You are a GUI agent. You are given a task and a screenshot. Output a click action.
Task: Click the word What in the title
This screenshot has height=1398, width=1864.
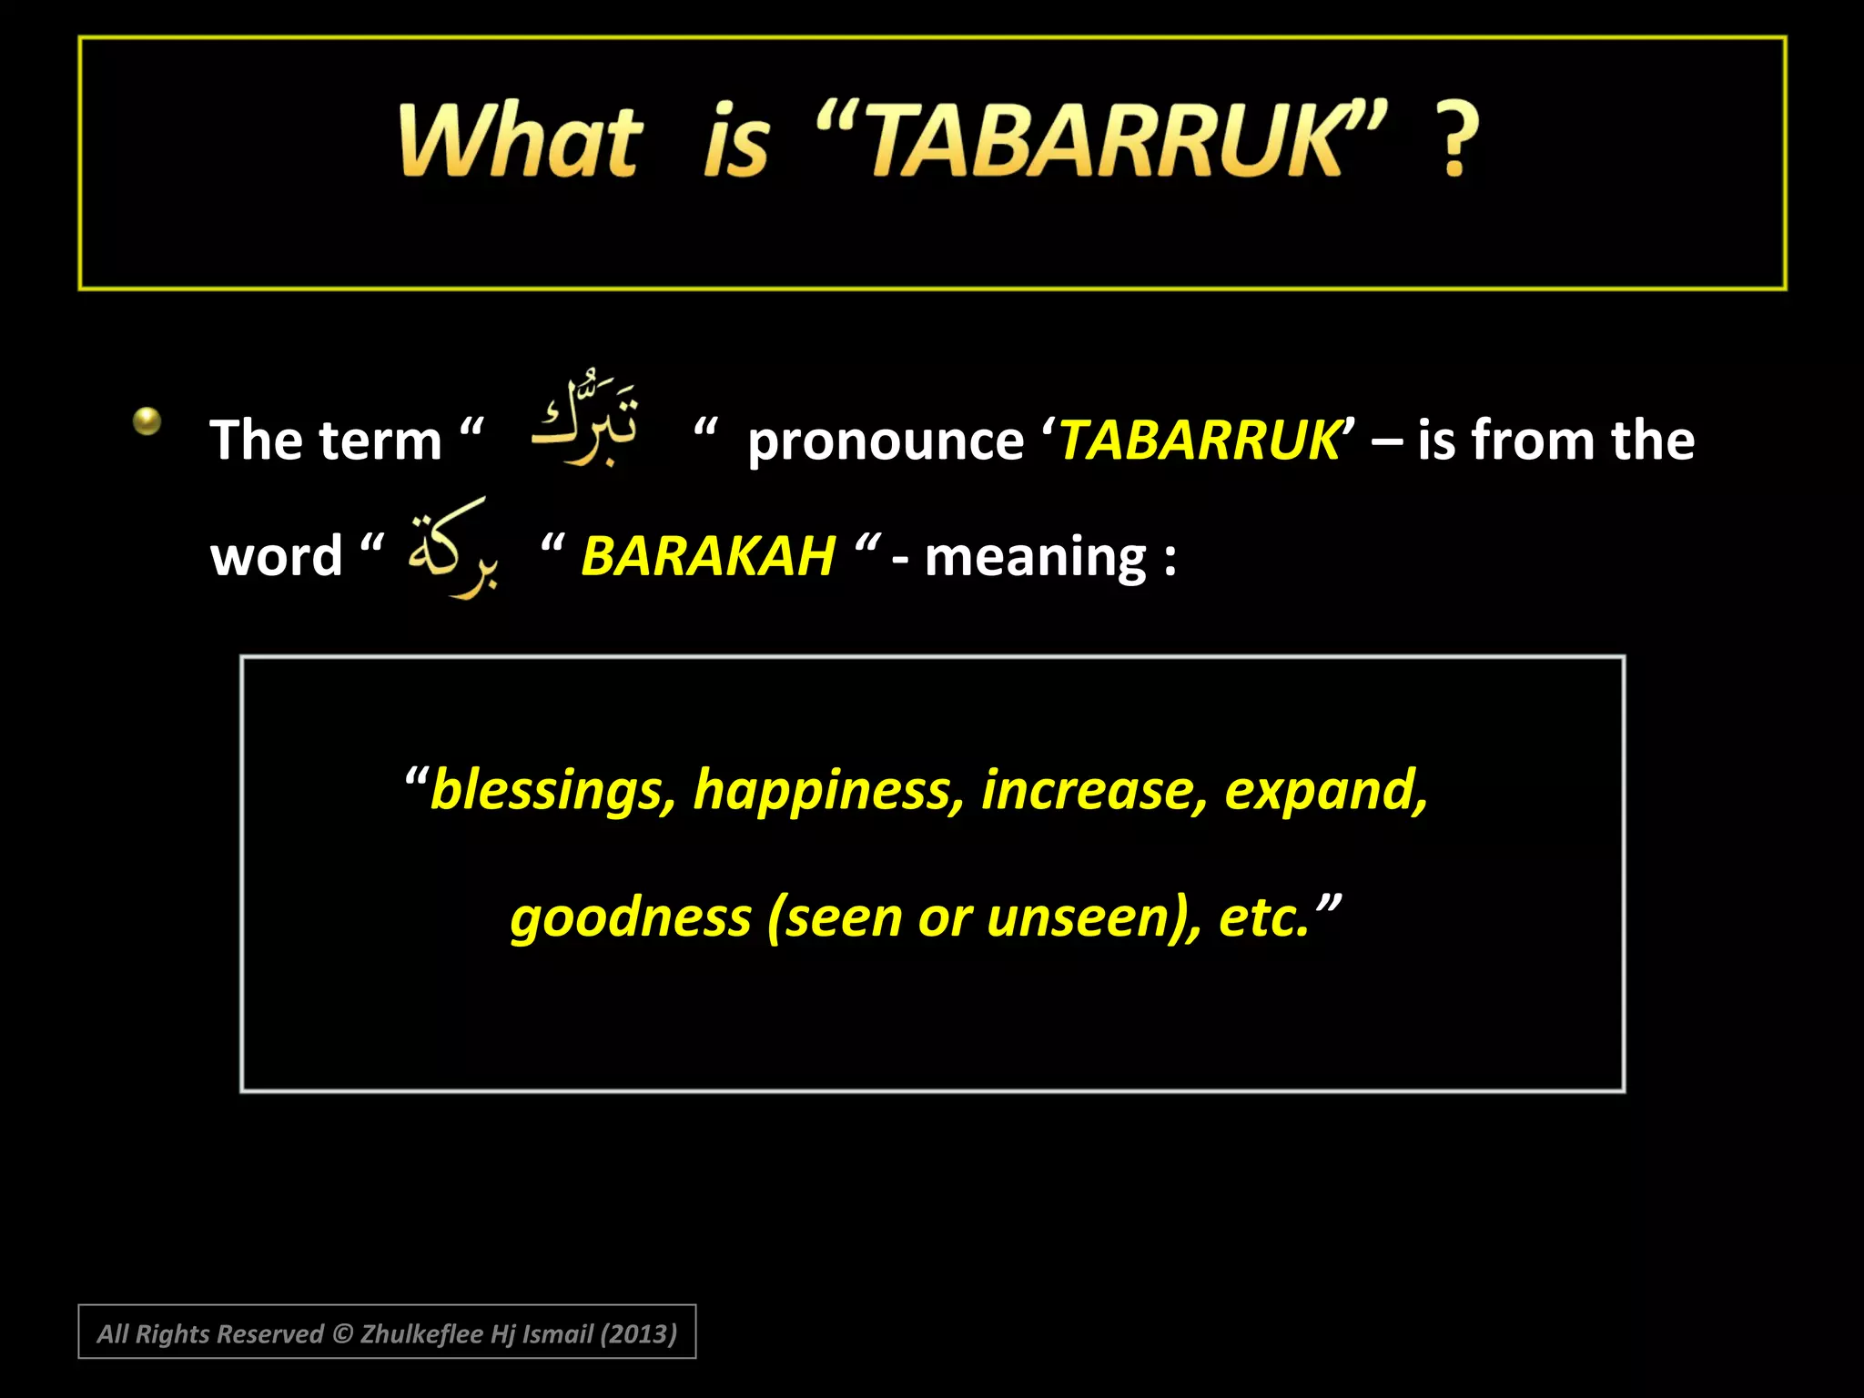pyautogui.click(x=521, y=141)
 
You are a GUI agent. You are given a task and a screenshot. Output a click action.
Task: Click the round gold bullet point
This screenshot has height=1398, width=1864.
pyautogui.click(x=147, y=420)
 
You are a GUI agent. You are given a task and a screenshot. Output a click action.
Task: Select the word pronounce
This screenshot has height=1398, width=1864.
pyautogui.click(x=885, y=441)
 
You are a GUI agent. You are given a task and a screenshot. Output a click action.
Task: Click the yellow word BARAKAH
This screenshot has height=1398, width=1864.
pyautogui.click(x=708, y=556)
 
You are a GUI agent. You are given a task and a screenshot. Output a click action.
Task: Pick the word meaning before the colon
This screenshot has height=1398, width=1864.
pyautogui.click(x=1035, y=558)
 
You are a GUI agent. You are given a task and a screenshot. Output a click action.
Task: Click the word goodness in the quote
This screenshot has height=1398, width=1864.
pyautogui.click(x=631, y=917)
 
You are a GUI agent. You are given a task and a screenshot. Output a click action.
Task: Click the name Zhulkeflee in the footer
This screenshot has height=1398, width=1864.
pyautogui.click(x=421, y=1334)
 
